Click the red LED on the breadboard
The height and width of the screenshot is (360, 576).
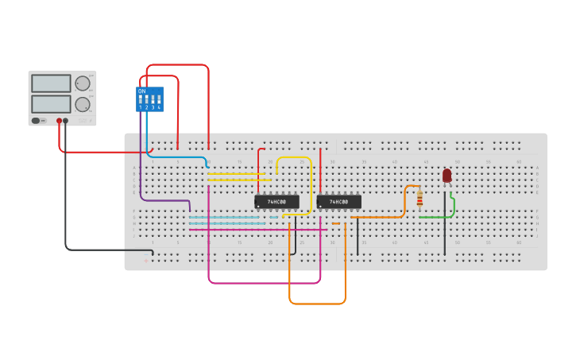[x=446, y=175]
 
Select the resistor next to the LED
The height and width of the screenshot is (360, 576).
[x=419, y=199]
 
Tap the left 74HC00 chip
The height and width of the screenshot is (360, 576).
[x=276, y=202]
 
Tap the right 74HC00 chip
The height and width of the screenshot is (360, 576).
[x=338, y=202]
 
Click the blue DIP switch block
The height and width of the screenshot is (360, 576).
[x=150, y=99]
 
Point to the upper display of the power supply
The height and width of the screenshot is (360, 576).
[x=51, y=83]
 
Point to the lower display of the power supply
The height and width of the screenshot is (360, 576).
[x=51, y=104]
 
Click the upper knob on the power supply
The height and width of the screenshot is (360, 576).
[x=83, y=83]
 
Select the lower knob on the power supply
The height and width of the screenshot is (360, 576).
[x=83, y=104]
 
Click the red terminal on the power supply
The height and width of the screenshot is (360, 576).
[x=59, y=122]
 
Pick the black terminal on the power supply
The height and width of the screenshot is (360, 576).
[x=66, y=122]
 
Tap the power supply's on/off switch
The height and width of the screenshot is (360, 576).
[x=37, y=121]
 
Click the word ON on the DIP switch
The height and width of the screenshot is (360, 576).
[x=141, y=91]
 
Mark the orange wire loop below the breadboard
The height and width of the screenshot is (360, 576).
[x=318, y=303]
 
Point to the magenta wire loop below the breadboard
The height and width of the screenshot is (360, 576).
[x=262, y=283]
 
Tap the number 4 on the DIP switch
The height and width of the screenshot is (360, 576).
[x=160, y=107]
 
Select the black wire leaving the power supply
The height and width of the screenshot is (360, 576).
[x=66, y=199]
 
